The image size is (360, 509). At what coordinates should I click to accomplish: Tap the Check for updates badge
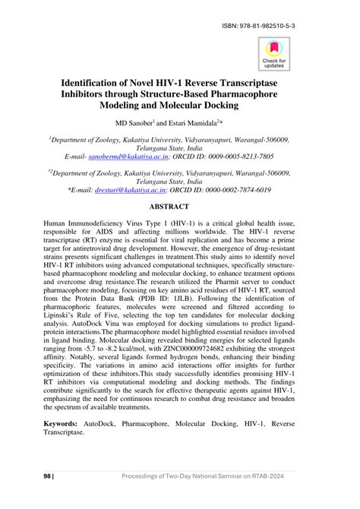pyautogui.click(x=274, y=53)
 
